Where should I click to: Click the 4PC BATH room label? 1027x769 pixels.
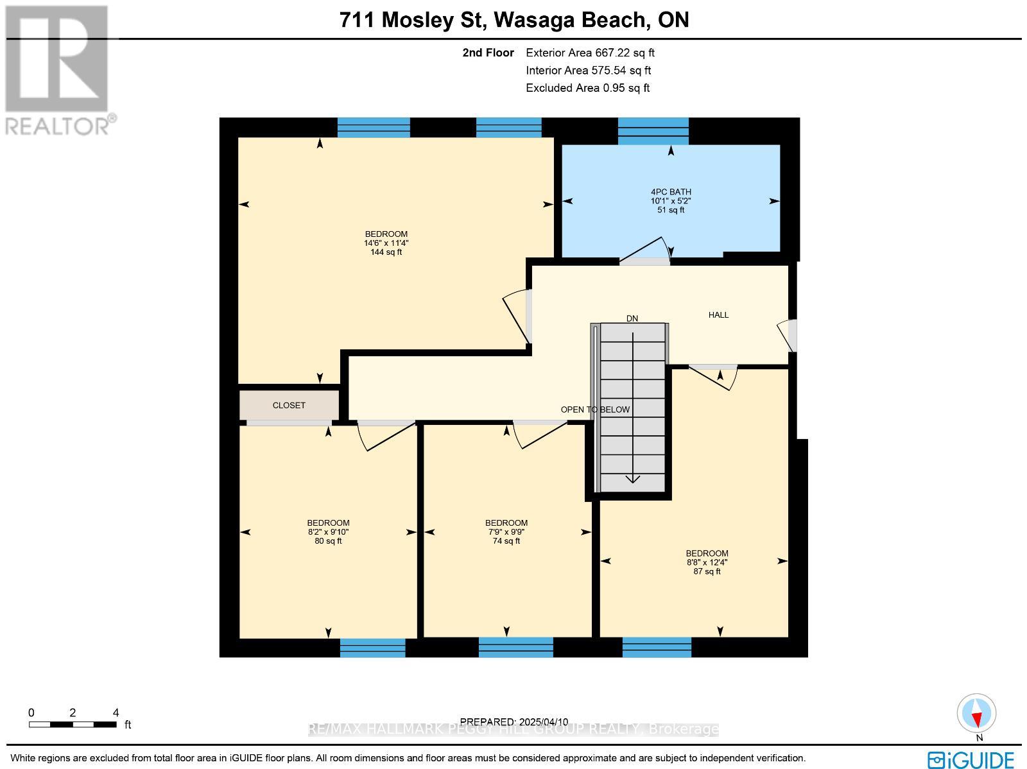(x=671, y=192)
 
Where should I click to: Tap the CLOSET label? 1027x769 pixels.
(x=289, y=405)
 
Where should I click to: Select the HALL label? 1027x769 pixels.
(x=718, y=315)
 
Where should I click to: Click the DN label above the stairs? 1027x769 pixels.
(x=632, y=318)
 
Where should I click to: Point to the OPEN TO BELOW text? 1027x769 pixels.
(x=595, y=410)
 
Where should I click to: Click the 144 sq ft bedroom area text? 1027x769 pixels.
(x=386, y=252)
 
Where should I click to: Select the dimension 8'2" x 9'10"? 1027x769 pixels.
(x=328, y=531)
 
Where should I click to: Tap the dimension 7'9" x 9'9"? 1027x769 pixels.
(x=506, y=531)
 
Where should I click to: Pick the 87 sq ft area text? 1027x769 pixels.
(x=707, y=571)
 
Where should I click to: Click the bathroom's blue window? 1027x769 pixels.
(x=653, y=131)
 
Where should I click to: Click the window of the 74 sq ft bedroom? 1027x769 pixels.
(x=515, y=647)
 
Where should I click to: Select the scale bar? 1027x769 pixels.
(x=73, y=724)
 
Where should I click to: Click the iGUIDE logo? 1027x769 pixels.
(x=971, y=759)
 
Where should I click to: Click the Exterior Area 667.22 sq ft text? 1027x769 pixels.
(x=590, y=53)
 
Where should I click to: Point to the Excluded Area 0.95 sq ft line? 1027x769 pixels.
(x=587, y=88)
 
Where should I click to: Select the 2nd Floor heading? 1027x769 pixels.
(x=488, y=53)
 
